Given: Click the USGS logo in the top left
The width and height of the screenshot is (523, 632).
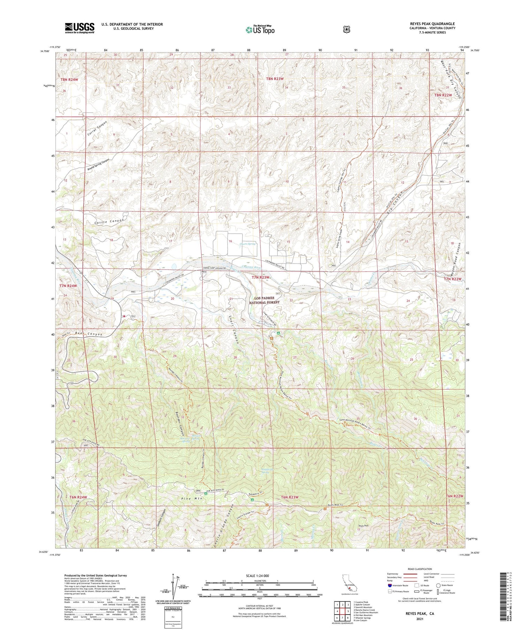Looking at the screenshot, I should [79, 28].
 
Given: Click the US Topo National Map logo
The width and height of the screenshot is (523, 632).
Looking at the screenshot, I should [260, 30].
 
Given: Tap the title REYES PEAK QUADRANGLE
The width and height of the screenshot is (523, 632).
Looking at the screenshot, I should [432, 24].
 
